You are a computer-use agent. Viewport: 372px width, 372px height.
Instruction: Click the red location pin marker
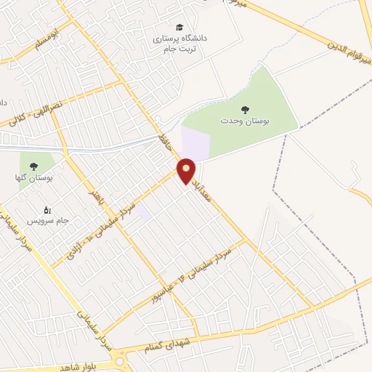[x=186, y=170]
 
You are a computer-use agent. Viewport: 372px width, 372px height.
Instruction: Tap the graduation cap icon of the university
[x=179, y=27]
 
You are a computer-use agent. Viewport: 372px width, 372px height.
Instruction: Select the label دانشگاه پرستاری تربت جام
[x=179, y=43]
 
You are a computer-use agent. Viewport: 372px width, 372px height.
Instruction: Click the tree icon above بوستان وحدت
[x=244, y=109]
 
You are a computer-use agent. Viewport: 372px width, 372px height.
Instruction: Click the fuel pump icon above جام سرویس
[x=48, y=209]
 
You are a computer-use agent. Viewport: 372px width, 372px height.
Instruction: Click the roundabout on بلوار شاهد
[x=120, y=357]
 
